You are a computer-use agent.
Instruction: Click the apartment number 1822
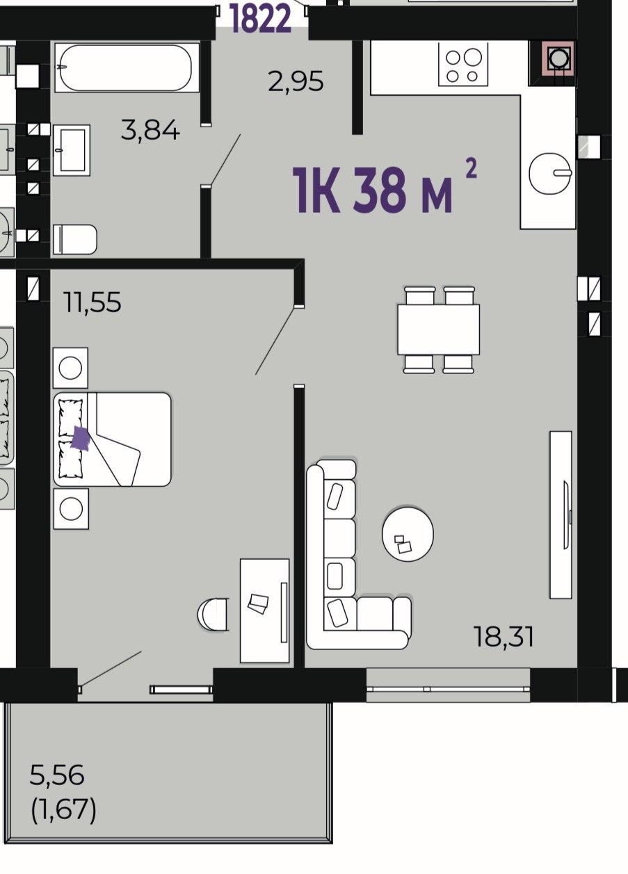click(261, 18)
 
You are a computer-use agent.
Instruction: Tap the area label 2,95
click(296, 81)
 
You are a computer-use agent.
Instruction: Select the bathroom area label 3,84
click(150, 130)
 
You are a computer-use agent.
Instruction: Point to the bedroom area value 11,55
click(92, 302)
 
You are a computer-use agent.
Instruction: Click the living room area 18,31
click(504, 637)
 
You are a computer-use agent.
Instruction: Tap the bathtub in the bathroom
click(127, 67)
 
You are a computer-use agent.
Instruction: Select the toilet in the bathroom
click(75, 238)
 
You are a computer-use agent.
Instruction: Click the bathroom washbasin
click(72, 150)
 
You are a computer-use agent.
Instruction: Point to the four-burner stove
click(463, 65)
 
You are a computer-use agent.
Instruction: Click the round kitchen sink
click(550, 172)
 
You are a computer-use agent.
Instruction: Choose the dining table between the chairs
click(439, 330)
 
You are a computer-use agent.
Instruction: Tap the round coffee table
click(408, 534)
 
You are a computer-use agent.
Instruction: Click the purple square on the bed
click(81, 439)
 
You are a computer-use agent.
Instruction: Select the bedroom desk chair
click(213, 614)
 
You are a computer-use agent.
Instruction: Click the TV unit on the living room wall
click(561, 515)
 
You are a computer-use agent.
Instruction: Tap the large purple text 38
click(377, 191)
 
